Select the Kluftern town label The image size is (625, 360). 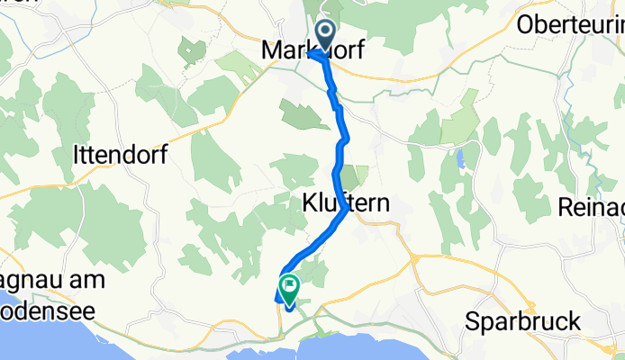[x=346, y=204]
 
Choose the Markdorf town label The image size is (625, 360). [x=311, y=51]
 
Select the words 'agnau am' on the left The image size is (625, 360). [x=53, y=279]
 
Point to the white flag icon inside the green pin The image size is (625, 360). [x=290, y=287]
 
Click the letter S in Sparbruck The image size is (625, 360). [x=473, y=321]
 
